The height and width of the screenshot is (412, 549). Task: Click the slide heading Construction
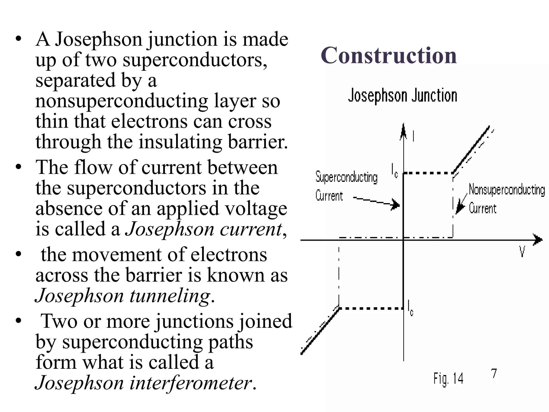388,55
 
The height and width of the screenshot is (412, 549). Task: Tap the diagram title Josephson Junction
402,96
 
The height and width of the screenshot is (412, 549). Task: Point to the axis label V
522,252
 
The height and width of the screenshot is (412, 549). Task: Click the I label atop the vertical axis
413,136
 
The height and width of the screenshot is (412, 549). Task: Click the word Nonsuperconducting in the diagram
507,190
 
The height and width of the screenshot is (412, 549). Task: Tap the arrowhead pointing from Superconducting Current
395,205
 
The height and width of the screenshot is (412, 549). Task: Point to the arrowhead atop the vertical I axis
403,131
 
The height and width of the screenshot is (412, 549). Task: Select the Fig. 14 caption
448,379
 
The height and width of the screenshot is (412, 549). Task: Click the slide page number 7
494,373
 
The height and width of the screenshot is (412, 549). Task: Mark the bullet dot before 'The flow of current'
18,167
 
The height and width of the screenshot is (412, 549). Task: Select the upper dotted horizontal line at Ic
428,173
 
